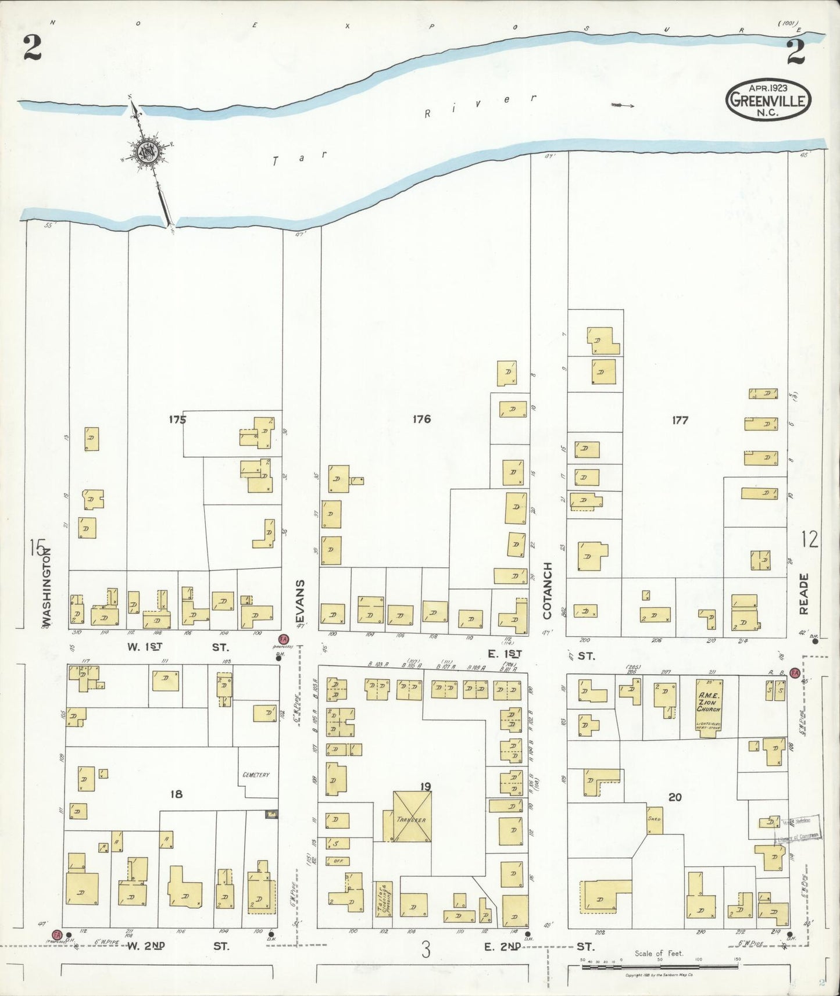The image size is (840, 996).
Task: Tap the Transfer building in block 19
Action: [x=412, y=816]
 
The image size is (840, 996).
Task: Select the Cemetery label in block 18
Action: [x=256, y=775]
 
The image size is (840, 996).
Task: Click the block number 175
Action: [x=177, y=419]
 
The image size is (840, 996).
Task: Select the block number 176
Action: [x=421, y=419]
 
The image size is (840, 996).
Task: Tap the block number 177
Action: [x=680, y=420]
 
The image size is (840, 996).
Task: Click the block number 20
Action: [x=674, y=797]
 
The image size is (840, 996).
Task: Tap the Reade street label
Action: [x=804, y=594]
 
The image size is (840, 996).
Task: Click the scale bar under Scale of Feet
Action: [x=660, y=967]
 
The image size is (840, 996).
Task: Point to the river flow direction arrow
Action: [x=622, y=105]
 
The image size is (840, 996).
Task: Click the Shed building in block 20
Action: [x=655, y=819]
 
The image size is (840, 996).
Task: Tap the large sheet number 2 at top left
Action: [x=32, y=48]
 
